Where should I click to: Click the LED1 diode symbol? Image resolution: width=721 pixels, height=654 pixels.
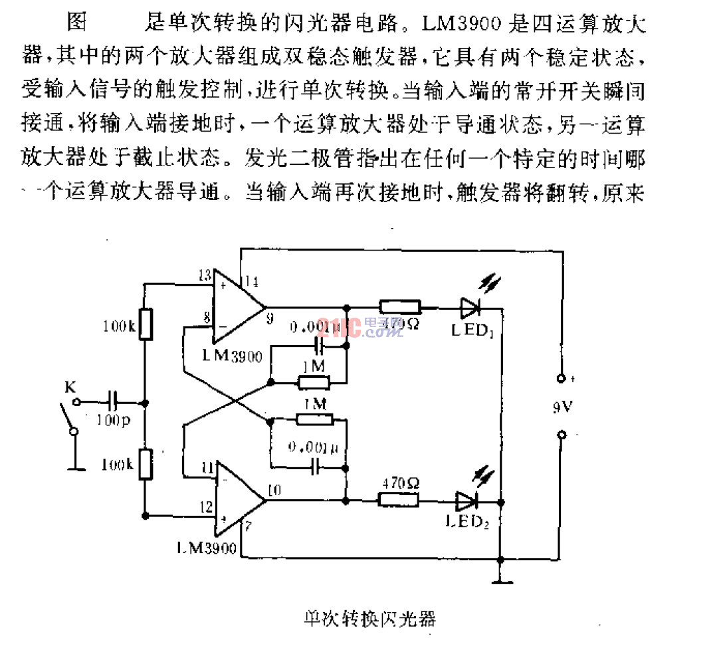tap(469, 307)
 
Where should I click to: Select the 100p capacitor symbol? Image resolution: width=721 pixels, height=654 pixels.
tap(111, 401)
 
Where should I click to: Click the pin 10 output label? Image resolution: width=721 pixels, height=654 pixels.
tap(274, 491)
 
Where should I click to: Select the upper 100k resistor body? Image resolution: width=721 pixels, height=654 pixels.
tap(146, 324)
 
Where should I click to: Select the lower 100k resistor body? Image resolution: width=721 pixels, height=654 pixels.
tap(146, 464)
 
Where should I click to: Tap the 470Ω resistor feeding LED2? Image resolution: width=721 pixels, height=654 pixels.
tap(399, 499)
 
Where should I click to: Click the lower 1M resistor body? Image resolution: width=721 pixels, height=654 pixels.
tap(313, 419)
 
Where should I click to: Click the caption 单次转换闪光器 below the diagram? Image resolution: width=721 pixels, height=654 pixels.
tap(366, 618)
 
